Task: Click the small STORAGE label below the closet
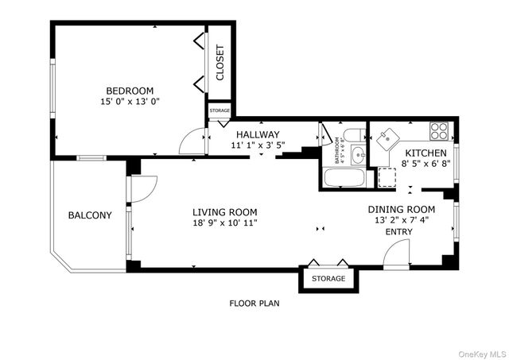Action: [220, 110]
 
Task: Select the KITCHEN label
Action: [425, 153]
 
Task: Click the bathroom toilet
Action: [355, 134]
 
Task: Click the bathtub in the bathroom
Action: [344, 176]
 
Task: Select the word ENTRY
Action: [399, 232]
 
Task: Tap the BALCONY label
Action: [90, 215]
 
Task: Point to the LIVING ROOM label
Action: [225, 211]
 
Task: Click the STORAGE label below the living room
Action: [328, 279]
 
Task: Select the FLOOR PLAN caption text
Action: [254, 303]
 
